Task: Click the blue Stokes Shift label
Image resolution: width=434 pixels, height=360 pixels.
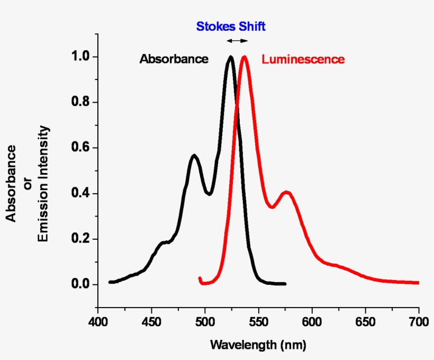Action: coord(231,26)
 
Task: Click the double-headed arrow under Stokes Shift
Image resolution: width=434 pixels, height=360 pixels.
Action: coord(237,41)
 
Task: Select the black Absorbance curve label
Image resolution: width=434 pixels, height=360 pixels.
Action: coord(174,59)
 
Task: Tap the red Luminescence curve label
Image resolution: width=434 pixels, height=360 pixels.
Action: coord(303,59)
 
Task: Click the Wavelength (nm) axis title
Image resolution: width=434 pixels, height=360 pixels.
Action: coord(258,345)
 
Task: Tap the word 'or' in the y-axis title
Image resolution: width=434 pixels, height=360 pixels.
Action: coord(27,184)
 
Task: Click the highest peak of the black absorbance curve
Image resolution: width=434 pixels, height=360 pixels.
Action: coord(230,57)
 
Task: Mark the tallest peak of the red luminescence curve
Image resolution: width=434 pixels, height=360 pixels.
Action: coord(244,57)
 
